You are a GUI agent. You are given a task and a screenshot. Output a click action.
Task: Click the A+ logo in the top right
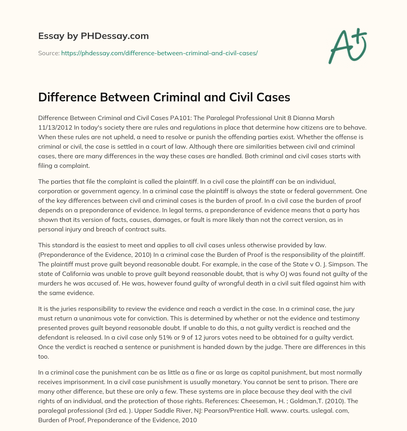click(347, 46)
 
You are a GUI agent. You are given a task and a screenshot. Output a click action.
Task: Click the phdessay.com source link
click(159, 52)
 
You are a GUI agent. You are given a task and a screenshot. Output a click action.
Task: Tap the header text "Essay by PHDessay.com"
click(93, 36)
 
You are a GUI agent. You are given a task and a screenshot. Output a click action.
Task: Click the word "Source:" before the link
click(49, 52)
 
